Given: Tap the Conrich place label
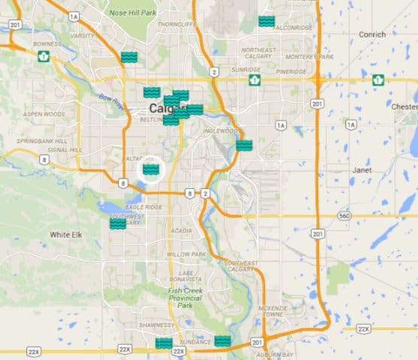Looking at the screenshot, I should click(371, 34).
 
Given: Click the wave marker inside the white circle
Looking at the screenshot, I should click(151, 169).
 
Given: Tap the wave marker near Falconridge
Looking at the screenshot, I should click(266, 21).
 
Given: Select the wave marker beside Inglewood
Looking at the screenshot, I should click(244, 145).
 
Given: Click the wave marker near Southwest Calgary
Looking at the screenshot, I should click(118, 223).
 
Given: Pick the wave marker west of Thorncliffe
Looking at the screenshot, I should click(129, 57).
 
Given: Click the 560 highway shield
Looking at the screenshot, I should click(344, 215).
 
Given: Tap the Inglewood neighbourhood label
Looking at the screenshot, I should click(218, 130).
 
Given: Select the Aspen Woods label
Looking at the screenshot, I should click(44, 114).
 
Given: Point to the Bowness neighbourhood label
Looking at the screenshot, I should click(48, 43).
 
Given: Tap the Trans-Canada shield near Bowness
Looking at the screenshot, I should click(44, 56).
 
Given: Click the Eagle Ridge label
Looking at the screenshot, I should click(143, 206).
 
